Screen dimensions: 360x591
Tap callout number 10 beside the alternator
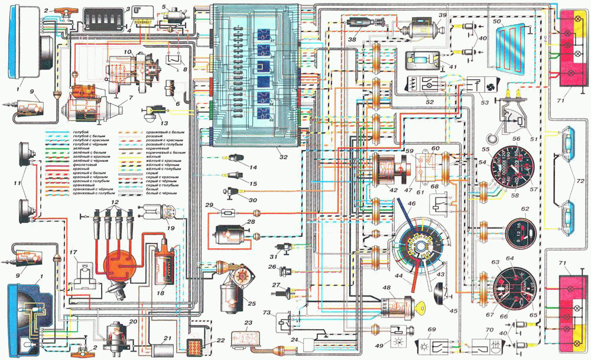[127, 53]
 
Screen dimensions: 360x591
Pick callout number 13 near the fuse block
[155, 123]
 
